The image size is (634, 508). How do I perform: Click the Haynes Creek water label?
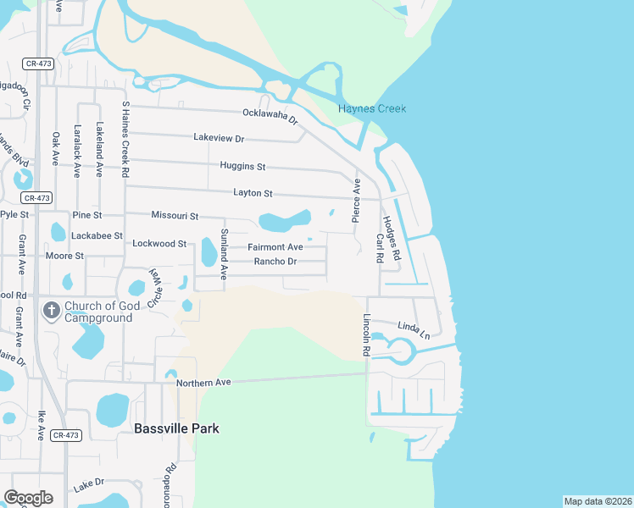tap(372, 109)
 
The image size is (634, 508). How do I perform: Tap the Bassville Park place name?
tap(176, 428)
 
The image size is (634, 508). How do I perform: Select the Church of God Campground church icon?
tap(51, 311)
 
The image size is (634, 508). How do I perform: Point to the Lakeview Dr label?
tap(219, 138)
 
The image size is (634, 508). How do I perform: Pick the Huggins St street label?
tap(242, 166)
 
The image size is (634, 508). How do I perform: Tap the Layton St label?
tap(253, 194)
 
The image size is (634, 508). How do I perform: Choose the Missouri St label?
tap(175, 217)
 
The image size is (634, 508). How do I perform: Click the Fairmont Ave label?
tap(275, 247)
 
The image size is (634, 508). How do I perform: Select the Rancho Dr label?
tap(275, 262)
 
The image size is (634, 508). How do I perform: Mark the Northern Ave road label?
tap(203, 383)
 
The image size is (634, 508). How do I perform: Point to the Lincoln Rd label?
tap(367, 334)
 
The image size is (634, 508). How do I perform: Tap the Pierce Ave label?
tap(357, 201)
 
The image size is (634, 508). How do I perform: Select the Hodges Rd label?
tap(390, 236)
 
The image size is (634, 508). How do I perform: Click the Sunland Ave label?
tap(225, 254)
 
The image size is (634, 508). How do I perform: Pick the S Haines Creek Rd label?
tap(125, 138)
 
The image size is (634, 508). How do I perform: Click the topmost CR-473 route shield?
tap(38, 63)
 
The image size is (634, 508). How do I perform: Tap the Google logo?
tap(28, 497)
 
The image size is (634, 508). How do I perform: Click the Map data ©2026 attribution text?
tap(598, 501)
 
